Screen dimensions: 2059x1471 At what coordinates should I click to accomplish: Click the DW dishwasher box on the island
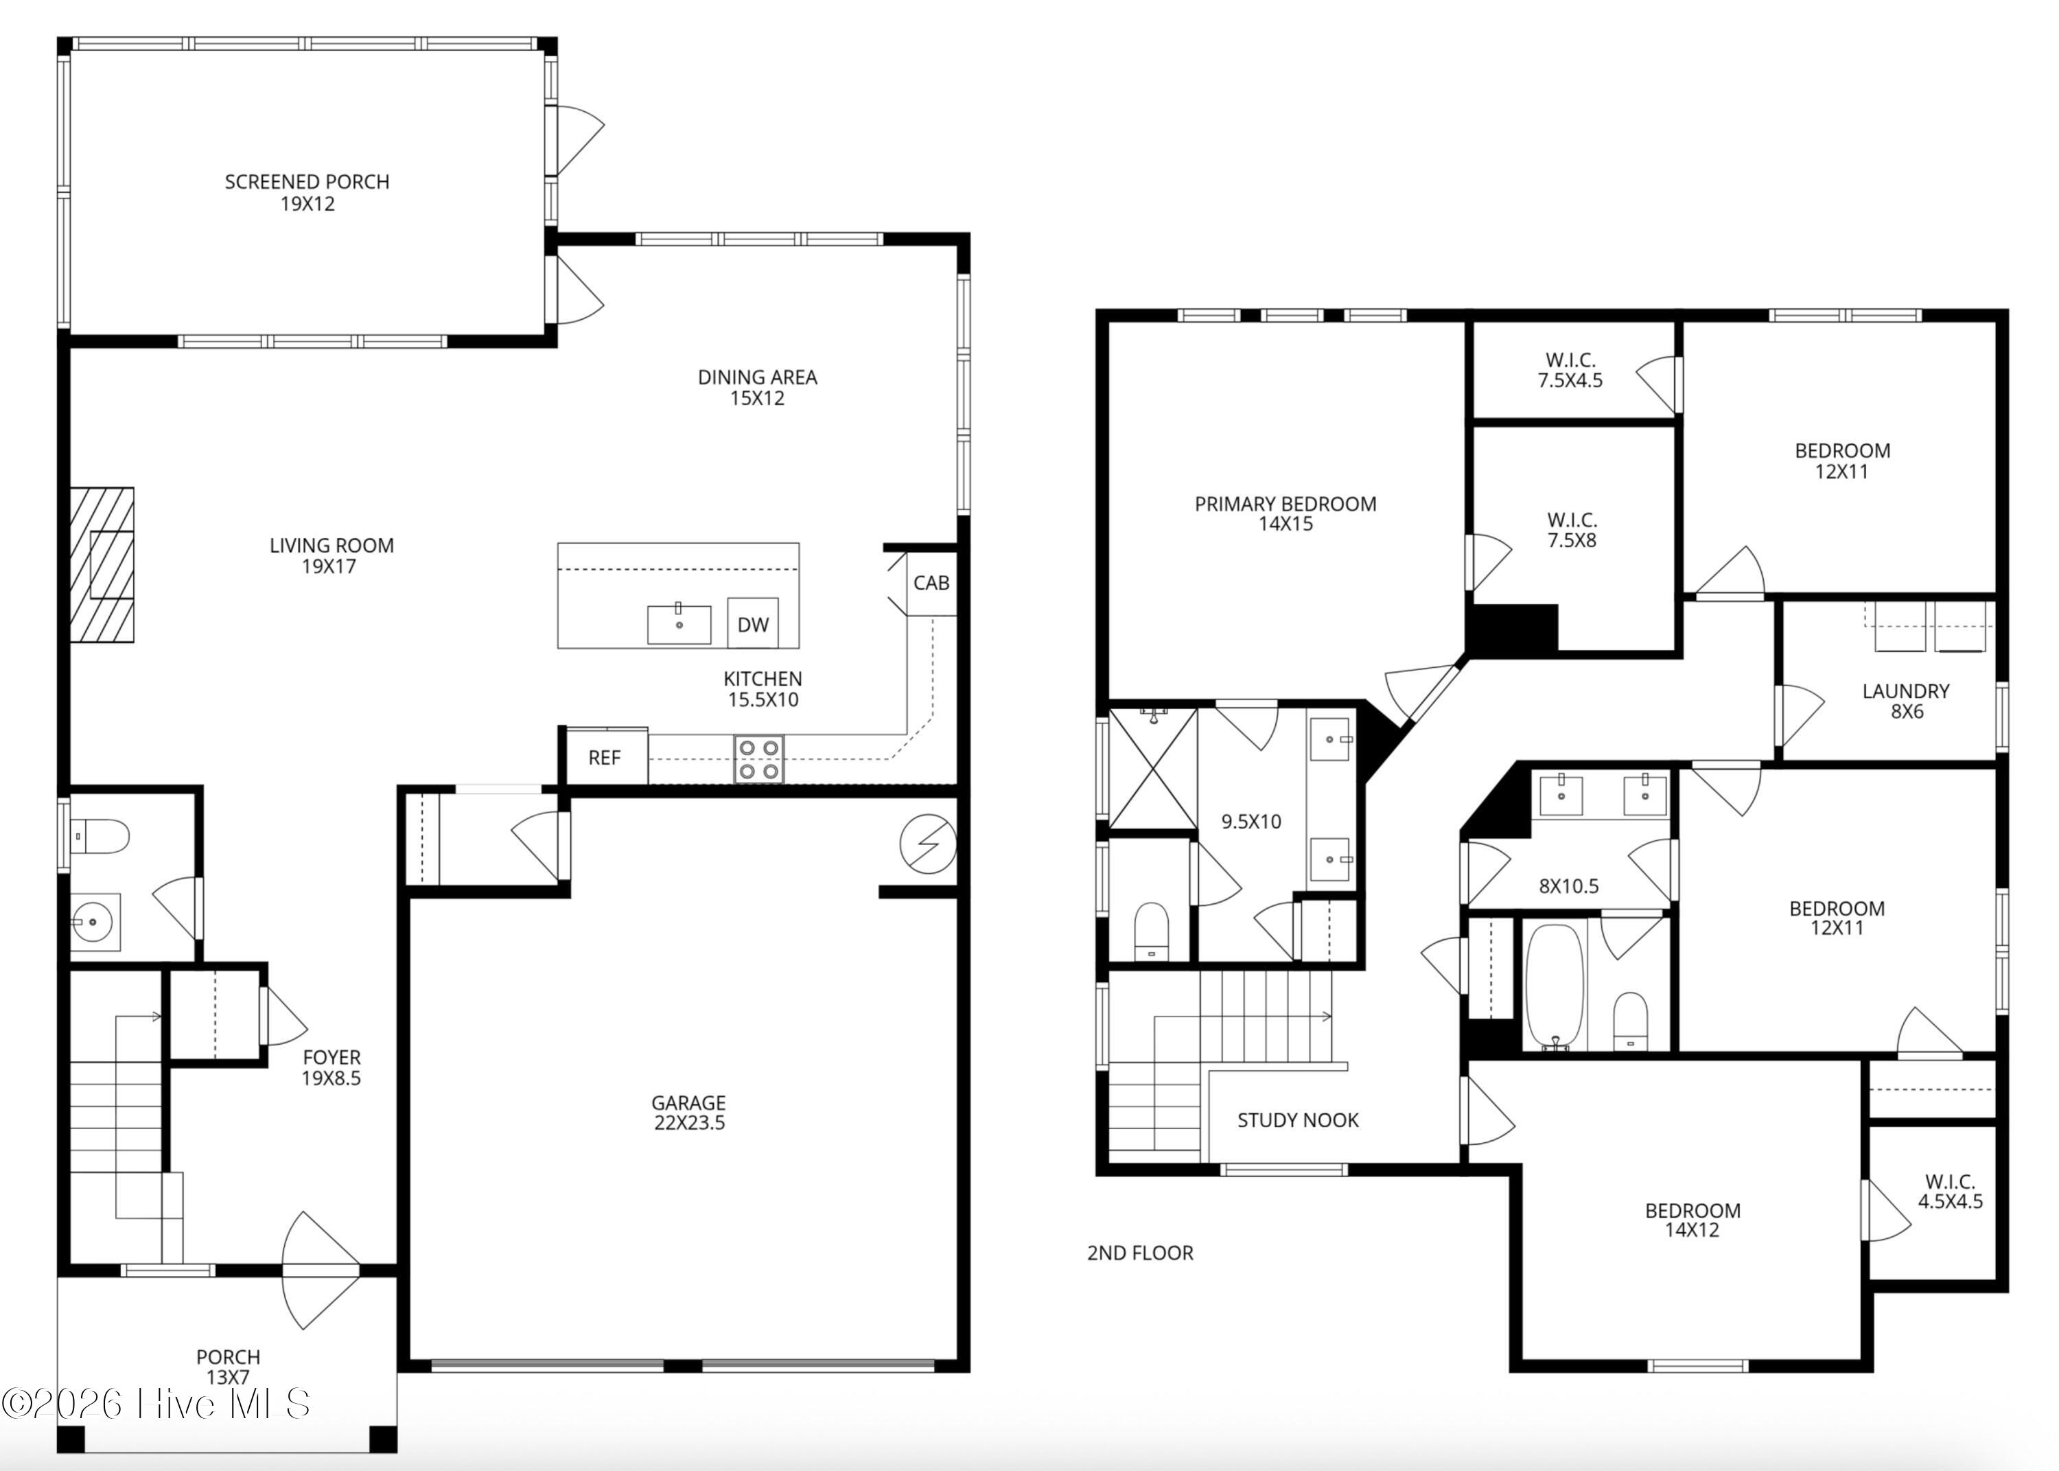click(x=752, y=623)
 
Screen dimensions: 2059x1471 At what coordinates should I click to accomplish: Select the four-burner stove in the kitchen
click(x=759, y=759)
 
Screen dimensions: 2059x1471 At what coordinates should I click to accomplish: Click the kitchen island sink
click(x=679, y=624)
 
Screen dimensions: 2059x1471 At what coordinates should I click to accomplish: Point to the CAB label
click(x=931, y=582)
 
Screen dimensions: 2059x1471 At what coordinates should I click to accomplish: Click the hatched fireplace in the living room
click(x=102, y=565)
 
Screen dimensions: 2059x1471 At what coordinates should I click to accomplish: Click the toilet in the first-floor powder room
click(x=100, y=836)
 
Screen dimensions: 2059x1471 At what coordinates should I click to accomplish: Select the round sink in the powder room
click(x=93, y=922)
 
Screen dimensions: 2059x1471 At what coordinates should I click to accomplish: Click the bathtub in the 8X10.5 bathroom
click(x=1555, y=986)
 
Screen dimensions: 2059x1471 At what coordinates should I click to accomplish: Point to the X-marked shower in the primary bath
click(x=1152, y=768)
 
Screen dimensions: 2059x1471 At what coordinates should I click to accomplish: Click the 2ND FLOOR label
click(x=1140, y=1253)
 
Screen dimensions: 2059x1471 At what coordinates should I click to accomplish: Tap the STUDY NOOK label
click(x=1298, y=1120)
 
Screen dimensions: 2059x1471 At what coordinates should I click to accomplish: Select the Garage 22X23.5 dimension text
click(x=690, y=1123)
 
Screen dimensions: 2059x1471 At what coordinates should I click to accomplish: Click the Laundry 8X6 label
click(x=1906, y=701)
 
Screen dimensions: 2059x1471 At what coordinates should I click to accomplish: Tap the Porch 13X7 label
click(x=228, y=1367)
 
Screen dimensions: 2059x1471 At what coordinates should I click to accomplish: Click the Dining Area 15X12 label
click(x=758, y=388)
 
